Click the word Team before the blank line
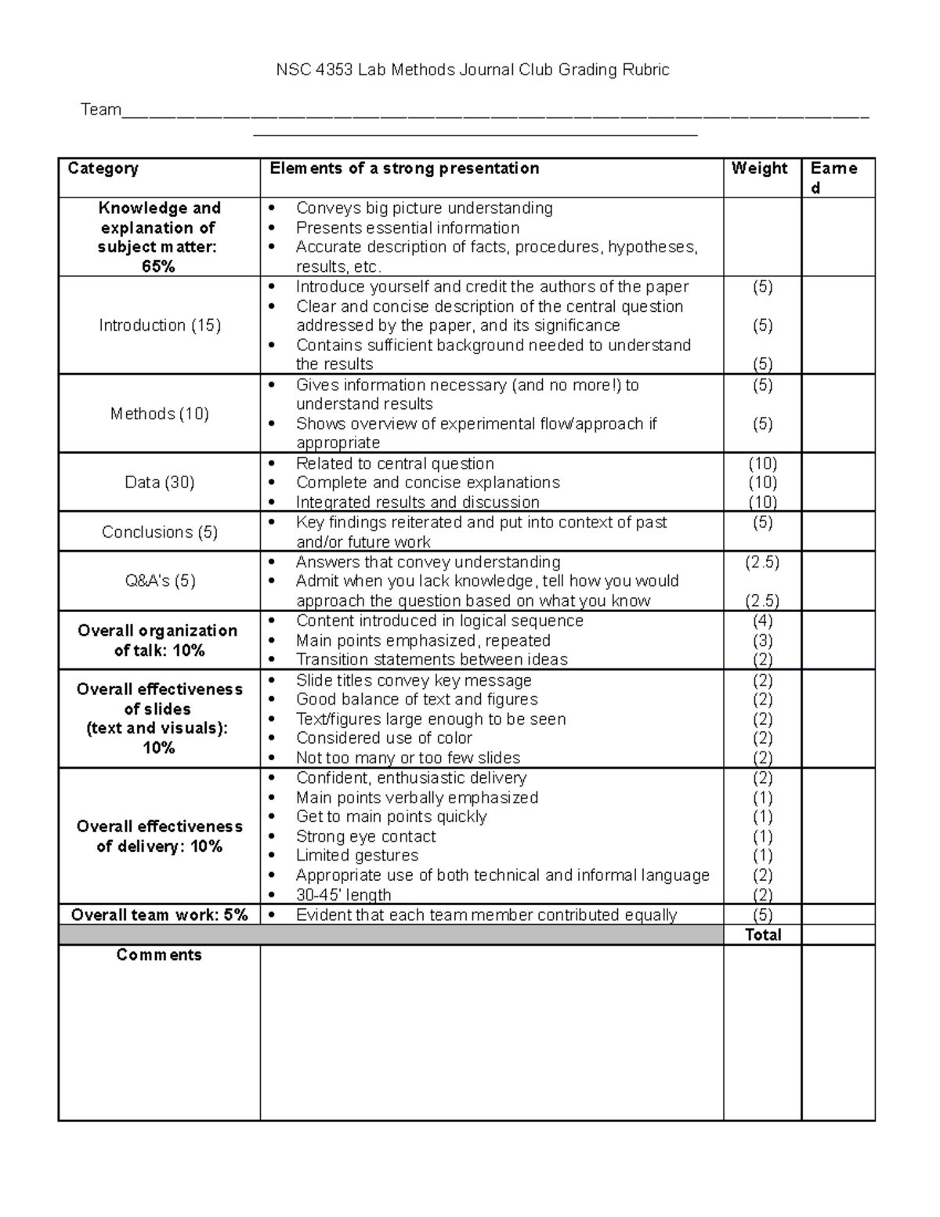click(100, 110)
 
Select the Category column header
click(103, 168)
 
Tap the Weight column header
click(759, 168)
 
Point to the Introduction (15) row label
click(160, 325)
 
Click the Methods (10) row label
click(160, 414)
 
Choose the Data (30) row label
click(160, 483)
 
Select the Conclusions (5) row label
click(160, 532)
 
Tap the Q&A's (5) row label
click(160, 581)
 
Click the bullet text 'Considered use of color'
click(384, 738)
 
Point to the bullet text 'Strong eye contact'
click(366, 836)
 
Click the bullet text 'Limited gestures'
click(357, 856)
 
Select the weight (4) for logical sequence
click(762, 621)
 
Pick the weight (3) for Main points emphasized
click(762, 641)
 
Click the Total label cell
click(763, 935)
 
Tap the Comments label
click(159, 955)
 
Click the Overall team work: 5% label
click(160, 915)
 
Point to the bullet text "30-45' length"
click(343, 895)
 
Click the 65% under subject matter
click(159, 266)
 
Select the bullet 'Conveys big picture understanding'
click(424, 208)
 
